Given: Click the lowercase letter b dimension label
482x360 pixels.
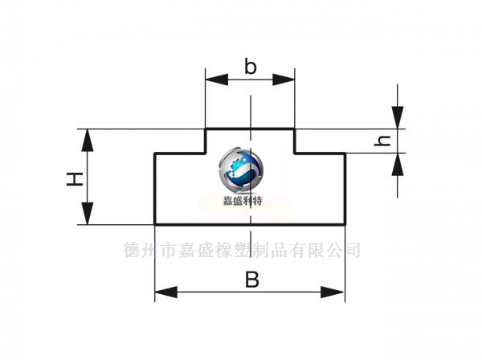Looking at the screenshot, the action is pos(250,66).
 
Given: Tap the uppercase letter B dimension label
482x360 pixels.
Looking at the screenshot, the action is pos(252,279).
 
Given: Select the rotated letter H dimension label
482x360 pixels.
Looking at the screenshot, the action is pos(75,179).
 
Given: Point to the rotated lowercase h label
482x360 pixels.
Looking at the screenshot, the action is pos(382,141).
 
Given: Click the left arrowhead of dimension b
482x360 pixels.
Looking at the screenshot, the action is pos(217,80).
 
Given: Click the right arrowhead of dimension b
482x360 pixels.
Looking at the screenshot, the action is pos(284,80).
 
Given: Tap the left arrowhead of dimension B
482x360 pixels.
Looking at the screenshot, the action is pos(166,292).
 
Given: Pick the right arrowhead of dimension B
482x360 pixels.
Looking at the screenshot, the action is pos(333,292).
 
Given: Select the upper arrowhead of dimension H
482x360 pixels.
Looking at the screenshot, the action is pos(88,140).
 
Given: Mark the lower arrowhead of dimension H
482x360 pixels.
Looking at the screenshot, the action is pos(88,214).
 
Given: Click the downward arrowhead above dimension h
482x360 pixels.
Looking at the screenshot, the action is pos(398,117).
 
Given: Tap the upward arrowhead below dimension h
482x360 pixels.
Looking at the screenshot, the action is pos(398,164).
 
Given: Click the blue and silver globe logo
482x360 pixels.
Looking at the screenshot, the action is pos(241,170).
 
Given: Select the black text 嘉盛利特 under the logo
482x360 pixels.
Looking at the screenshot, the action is pos(243,202).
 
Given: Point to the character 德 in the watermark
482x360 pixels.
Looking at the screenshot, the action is pos(133,250).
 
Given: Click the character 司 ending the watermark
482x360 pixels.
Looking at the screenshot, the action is pos(352,250).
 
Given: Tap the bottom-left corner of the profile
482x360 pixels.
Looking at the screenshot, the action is pos(155,224).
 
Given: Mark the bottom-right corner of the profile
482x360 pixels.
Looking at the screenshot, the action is pos(345,224).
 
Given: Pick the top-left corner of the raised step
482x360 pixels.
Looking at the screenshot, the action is pos(206,129).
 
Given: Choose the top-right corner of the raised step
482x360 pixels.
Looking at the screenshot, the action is pos(295,129).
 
